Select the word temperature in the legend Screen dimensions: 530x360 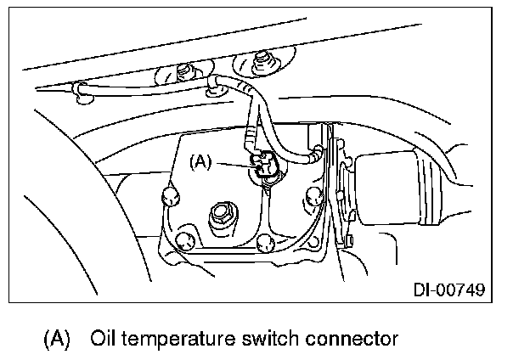pos(176,340)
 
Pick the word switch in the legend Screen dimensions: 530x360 pos(269,339)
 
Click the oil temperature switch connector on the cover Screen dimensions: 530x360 pos(266,167)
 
